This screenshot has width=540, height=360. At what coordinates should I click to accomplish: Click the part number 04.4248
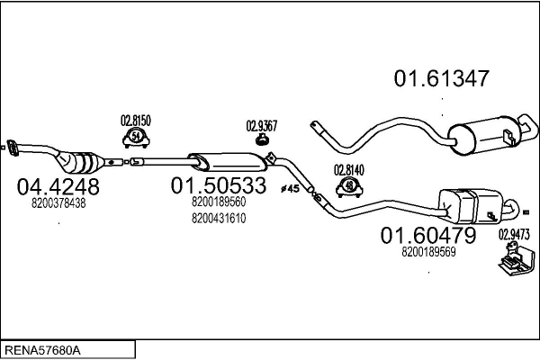coord(58,186)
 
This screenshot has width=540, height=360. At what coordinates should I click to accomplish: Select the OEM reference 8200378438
coord(58,203)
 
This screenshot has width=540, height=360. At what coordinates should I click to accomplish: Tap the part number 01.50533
coord(219,185)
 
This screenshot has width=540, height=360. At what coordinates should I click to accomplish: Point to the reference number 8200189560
coord(219,202)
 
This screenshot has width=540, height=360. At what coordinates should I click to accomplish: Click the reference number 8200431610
coord(219,219)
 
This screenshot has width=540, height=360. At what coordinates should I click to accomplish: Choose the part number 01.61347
coord(442,78)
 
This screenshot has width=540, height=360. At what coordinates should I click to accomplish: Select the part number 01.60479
coord(428,236)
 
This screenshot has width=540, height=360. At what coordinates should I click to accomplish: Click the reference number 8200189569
coord(428,252)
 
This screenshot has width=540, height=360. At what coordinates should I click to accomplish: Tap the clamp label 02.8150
coord(136,121)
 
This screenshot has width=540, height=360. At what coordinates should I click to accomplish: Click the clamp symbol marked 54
coord(137,138)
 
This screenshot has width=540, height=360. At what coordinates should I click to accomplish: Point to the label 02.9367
coord(262,126)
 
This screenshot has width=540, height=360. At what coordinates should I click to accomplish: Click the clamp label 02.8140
coord(349,170)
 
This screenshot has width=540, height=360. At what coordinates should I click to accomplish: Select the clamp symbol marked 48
coord(349,187)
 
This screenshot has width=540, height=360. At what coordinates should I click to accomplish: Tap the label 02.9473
coord(514,235)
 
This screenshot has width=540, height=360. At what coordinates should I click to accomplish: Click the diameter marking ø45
coord(290,189)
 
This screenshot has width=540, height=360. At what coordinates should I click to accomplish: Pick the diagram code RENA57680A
coord(42,350)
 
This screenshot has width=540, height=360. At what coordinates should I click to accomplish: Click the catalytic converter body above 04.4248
coord(80,163)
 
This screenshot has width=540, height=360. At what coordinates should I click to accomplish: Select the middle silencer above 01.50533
coord(228,162)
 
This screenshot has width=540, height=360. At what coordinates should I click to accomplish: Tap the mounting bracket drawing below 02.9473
coord(517,258)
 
